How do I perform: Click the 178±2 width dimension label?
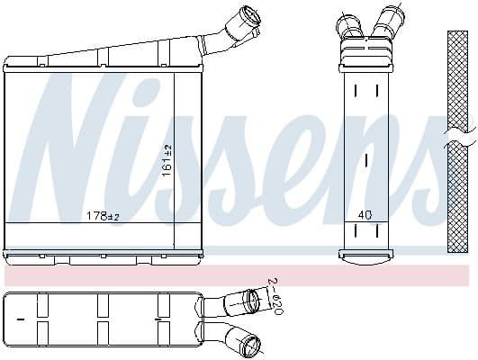(102, 215)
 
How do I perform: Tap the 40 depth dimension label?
(365, 214)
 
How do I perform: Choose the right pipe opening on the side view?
(392, 17)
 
